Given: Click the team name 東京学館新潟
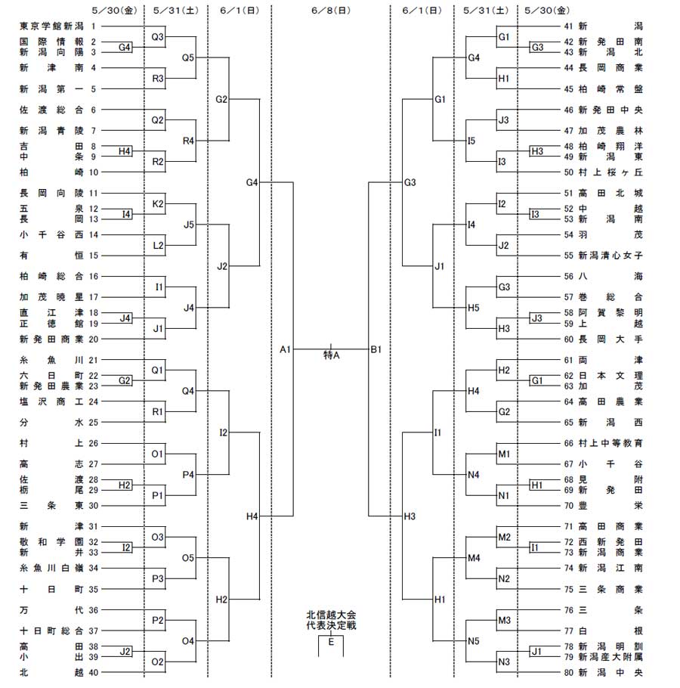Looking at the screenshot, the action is [x=51, y=26].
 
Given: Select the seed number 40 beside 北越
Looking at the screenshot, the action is [x=94, y=672].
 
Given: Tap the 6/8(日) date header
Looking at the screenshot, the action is [x=331, y=11].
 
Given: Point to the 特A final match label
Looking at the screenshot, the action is [x=332, y=355].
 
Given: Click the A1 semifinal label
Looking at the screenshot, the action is [x=285, y=349].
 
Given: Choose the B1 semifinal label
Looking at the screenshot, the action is [x=376, y=349].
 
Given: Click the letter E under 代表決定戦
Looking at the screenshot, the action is [x=331, y=642].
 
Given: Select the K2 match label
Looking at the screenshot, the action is [x=158, y=203].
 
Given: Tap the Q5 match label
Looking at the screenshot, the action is [x=188, y=57].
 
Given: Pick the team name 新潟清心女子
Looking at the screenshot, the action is [x=610, y=256].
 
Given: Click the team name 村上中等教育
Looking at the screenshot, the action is [x=610, y=443].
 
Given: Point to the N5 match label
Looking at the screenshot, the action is [x=474, y=641].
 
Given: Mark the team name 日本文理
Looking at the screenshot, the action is [x=610, y=376].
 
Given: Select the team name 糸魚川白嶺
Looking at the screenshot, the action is [x=51, y=569].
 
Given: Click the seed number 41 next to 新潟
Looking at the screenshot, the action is [x=569, y=26].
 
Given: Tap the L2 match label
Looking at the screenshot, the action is [x=158, y=245].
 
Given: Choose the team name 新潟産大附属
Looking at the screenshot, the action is [x=610, y=657].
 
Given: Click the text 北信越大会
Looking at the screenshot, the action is [x=331, y=615].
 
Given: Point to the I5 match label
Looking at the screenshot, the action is [x=471, y=141].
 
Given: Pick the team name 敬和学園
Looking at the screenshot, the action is [x=51, y=542].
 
